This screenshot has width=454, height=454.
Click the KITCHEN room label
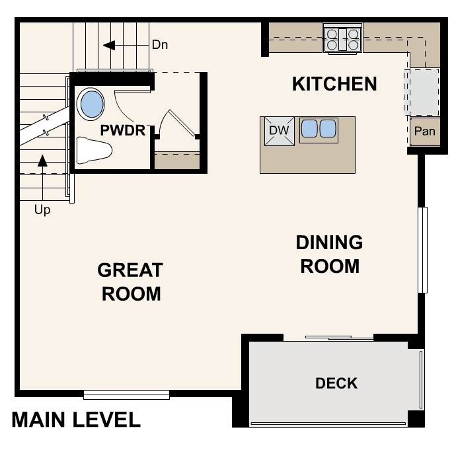pyautogui.click(x=334, y=84)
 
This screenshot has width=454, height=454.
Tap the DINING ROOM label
pyautogui.click(x=328, y=254)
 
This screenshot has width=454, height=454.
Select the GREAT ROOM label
pyautogui.click(x=130, y=282)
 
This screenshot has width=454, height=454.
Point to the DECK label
pyautogui.click(x=336, y=383)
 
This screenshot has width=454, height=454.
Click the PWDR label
pyautogui.click(x=122, y=130)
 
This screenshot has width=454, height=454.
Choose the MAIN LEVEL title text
pyautogui.click(x=76, y=420)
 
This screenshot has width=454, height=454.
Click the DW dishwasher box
pyautogui.click(x=280, y=130)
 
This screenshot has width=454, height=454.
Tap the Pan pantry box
pyautogui.click(x=424, y=131)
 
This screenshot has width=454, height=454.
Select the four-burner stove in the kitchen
pyautogui.click(x=342, y=38)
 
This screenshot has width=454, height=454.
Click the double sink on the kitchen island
pyautogui.click(x=319, y=128)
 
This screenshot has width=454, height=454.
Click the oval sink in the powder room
pyautogui.click(x=91, y=104)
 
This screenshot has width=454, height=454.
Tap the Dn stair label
pyautogui.click(x=160, y=45)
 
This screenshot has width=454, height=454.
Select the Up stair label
pyautogui.click(x=42, y=211)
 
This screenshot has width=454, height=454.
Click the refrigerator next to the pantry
pyautogui.click(x=423, y=92)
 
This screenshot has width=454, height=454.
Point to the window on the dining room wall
pyautogui.click(x=423, y=250)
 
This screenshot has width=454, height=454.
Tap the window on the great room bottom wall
pyautogui.click(x=126, y=395)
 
